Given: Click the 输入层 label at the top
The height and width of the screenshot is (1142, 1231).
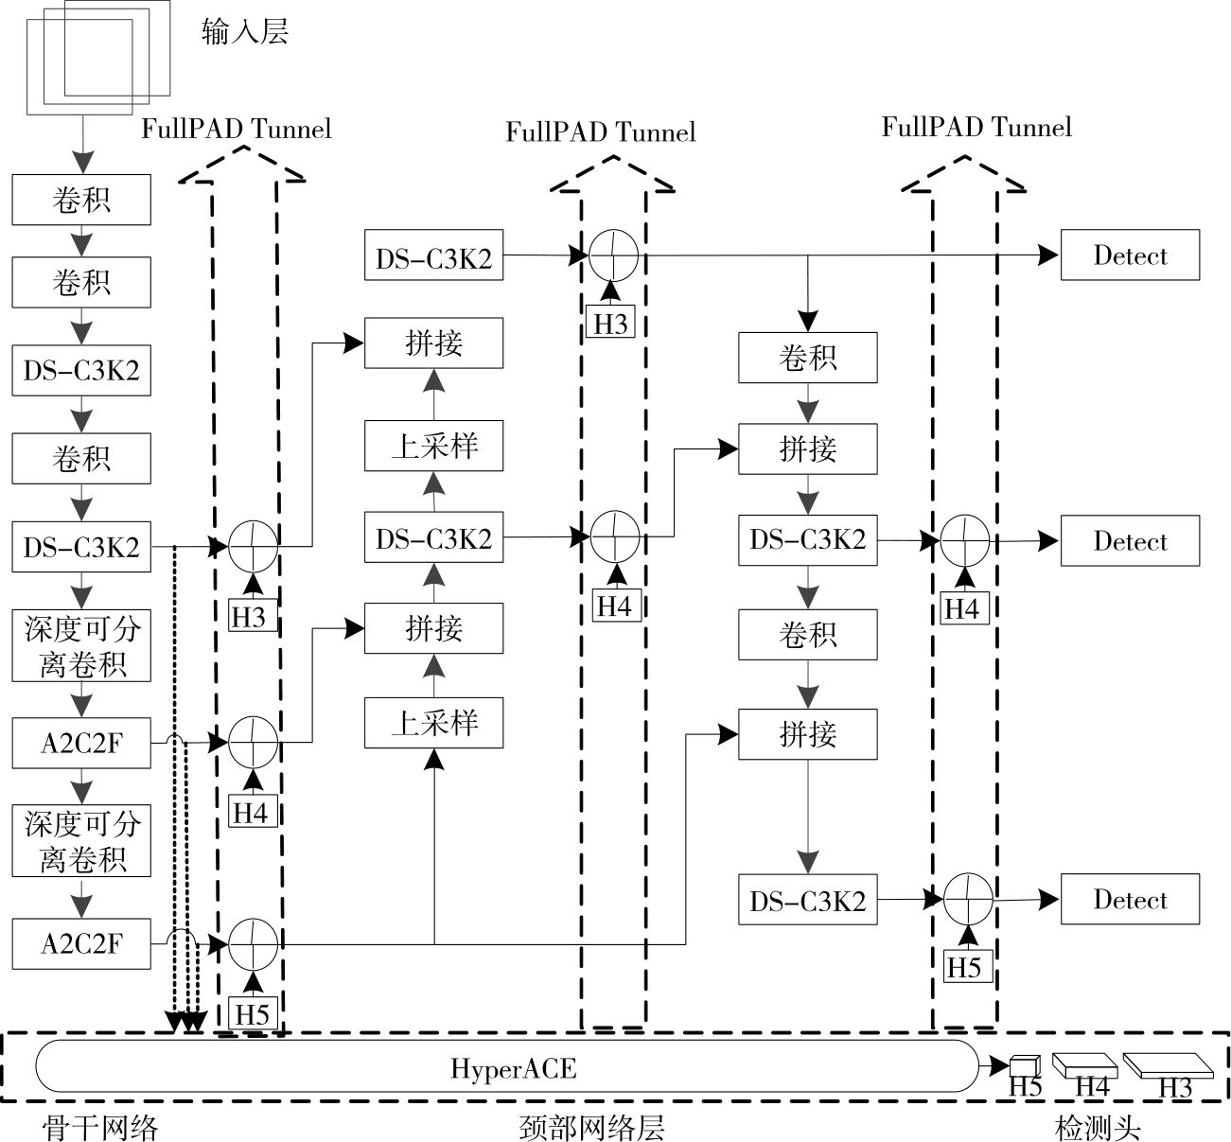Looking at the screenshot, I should (245, 33).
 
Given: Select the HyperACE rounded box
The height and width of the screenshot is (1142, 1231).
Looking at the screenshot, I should (507, 1068).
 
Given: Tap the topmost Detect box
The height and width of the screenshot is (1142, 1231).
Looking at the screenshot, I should (1130, 255).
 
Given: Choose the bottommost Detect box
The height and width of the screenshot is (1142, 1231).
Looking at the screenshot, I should (1130, 899).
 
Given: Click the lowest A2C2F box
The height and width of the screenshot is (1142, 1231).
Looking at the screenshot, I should (81, 943).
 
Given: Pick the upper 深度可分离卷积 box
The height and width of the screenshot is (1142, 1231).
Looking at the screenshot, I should (81, 645).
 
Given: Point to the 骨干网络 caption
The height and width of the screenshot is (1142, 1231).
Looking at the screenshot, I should (100, 1127).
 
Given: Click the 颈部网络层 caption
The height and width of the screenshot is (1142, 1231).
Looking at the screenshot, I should (592, 1127).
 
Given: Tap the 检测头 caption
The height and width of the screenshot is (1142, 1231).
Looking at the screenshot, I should (1098, 1127).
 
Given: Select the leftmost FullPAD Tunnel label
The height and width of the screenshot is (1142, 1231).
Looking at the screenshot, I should (237, 129).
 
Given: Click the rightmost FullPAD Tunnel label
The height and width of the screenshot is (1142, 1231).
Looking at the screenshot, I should (976, 127).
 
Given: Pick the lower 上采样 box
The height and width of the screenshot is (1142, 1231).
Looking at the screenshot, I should (434, 724).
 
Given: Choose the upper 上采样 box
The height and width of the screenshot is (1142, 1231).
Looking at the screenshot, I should (434, 446).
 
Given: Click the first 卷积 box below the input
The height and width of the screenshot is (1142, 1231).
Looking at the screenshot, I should (81, 200).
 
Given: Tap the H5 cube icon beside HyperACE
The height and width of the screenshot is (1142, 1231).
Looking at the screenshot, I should (1024, 1065).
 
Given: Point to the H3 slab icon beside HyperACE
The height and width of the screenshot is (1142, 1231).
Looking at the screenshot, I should (1168, 1066).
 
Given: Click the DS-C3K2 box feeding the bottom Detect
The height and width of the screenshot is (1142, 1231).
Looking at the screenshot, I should (808, 900).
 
